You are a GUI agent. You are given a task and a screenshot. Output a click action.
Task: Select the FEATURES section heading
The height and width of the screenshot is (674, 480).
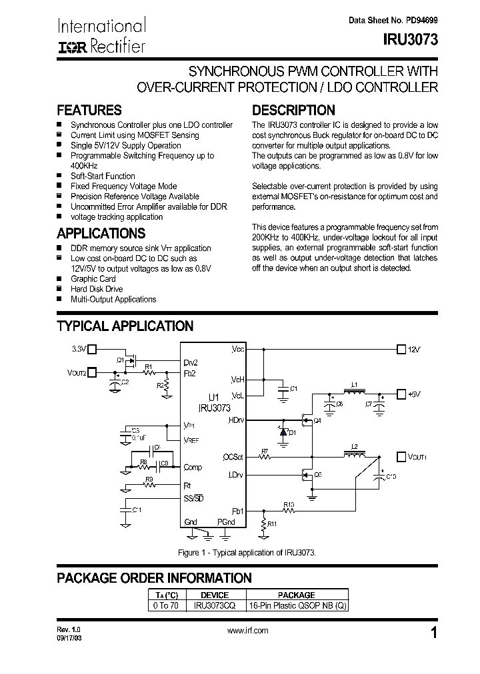89,110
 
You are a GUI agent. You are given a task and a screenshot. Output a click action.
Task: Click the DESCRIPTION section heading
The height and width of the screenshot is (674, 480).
293,110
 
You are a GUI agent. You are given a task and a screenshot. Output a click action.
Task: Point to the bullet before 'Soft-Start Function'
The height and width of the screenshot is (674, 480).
60,176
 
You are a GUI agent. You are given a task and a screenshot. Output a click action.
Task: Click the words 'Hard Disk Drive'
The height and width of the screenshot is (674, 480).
97,289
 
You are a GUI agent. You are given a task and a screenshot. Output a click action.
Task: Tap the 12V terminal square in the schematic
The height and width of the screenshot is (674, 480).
401,348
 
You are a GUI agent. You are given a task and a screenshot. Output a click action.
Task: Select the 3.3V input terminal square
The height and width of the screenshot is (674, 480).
93,348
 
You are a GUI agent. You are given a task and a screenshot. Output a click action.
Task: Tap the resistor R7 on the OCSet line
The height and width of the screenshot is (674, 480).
265,457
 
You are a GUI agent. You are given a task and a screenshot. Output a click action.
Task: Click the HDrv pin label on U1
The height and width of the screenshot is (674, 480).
236,420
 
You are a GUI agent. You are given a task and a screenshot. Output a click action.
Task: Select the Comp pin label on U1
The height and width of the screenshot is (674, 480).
193,468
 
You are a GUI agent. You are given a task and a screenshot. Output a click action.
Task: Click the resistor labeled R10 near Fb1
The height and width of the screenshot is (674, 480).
289,510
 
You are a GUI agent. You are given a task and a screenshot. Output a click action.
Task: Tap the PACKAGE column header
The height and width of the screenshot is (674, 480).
296,595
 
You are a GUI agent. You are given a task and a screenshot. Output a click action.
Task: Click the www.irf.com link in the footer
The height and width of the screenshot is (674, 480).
247,631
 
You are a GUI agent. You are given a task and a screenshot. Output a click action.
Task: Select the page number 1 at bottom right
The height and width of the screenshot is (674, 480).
434,633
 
